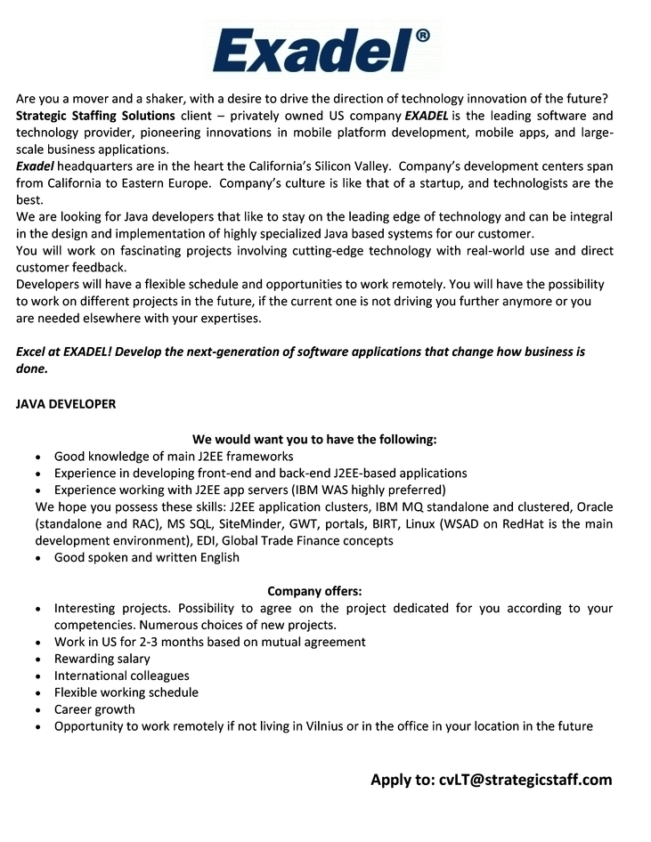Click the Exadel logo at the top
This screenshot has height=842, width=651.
312,51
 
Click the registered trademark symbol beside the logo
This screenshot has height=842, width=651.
421,36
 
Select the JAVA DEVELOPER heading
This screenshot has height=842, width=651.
66,404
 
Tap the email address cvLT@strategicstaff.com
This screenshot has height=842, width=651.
525,780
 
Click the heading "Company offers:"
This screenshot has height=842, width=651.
314,591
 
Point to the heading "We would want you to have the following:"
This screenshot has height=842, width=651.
314,440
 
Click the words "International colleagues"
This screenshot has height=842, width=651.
121,676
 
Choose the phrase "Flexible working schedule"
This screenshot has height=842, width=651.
126,692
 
